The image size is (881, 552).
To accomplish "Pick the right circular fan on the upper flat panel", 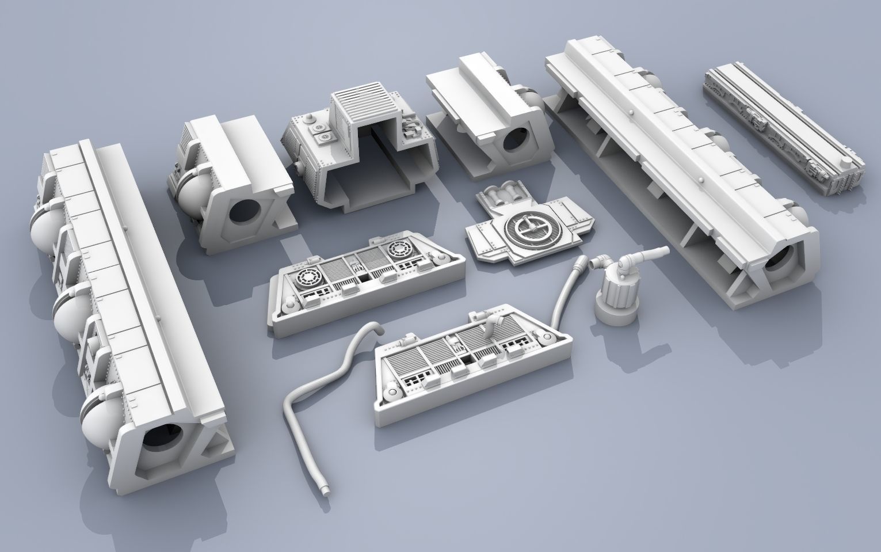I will point(398,250).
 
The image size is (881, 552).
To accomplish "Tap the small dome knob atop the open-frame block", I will point(311,120).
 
